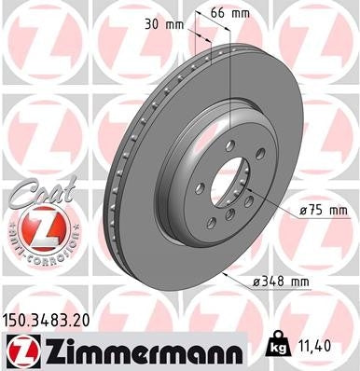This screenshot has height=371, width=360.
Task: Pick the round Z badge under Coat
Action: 35,229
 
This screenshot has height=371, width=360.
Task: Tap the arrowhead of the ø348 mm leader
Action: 227,276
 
